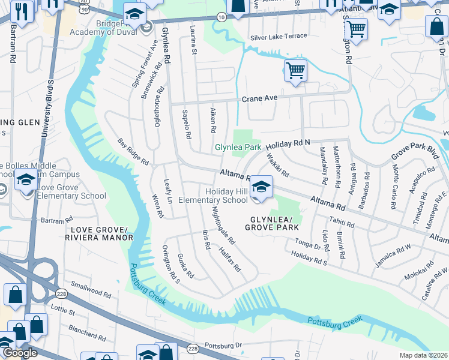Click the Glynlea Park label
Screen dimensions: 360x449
(238, 147)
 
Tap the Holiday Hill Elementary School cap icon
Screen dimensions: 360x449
(262, 187)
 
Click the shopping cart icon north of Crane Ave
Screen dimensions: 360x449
(295, 71)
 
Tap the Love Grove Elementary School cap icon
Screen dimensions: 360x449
(26, 179)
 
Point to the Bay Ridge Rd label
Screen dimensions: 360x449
(133, 152)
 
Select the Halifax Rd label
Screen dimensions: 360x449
(229, 259)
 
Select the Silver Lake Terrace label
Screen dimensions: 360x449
(279, 37)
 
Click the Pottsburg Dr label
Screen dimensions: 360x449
(222, 346)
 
